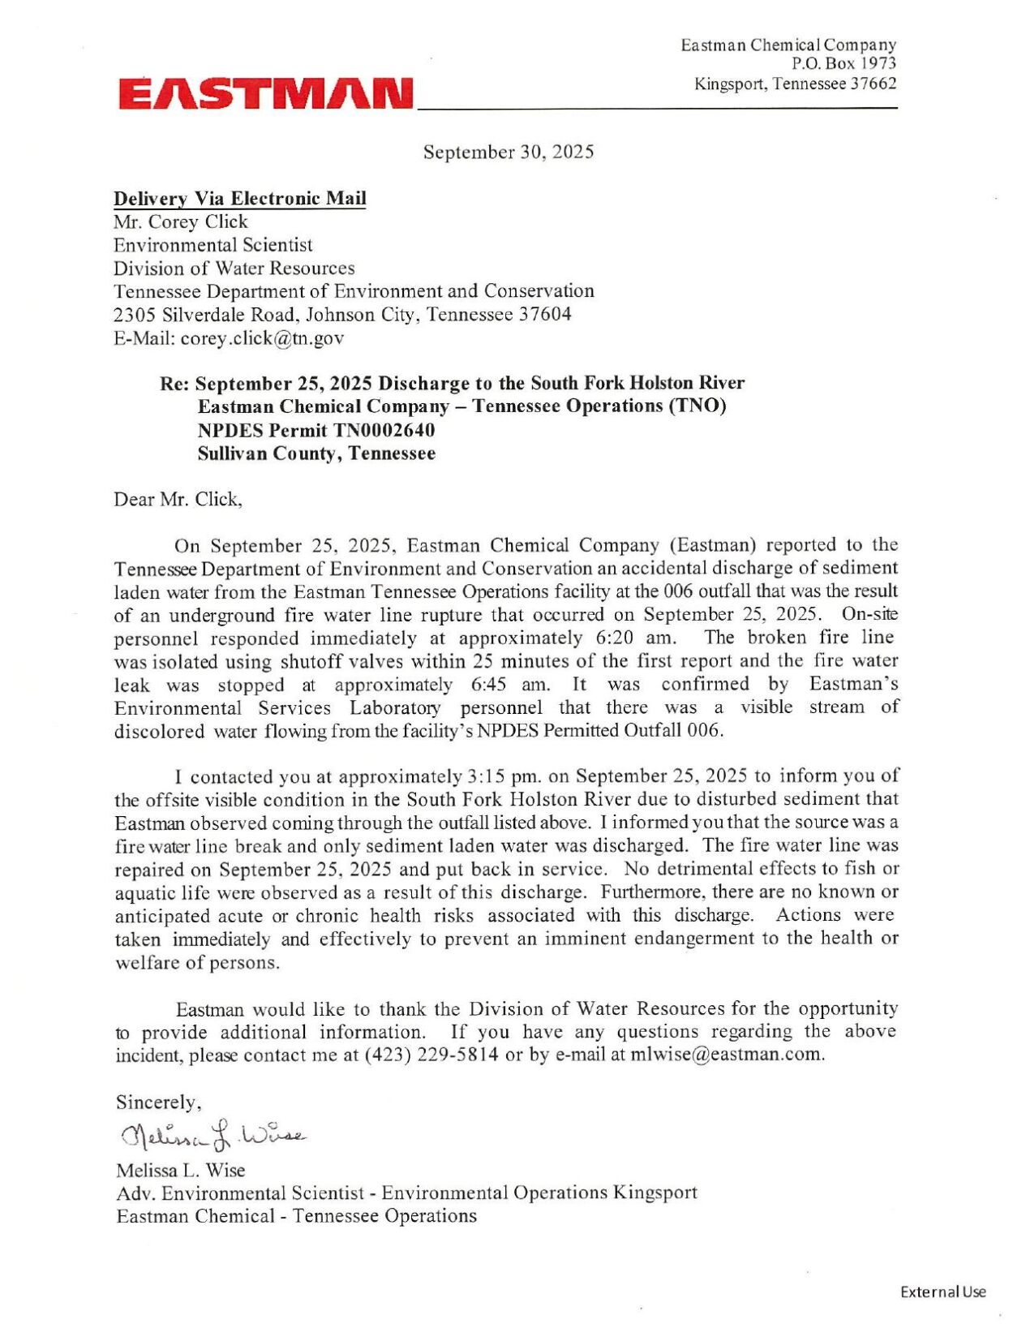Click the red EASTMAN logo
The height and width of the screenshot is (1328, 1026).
coord(266,94)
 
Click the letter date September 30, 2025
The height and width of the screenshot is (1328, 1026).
coord(509,152)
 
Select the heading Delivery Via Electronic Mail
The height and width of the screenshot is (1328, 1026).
coord(239,199)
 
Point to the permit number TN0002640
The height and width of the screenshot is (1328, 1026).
coord(384,430)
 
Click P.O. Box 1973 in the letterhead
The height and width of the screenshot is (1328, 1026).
coord(844,63)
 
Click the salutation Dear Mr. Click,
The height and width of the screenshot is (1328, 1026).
coord(178,499)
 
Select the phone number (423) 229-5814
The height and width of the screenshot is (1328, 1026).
coord(431,1055)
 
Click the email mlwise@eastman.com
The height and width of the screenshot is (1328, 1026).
coord(728,1055)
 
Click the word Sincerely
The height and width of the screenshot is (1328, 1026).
coord(157,1102)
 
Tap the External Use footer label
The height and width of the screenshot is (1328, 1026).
coord(942,1292)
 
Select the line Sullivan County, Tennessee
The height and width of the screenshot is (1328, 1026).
coord(316,453)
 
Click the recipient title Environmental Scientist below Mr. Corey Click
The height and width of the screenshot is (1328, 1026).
coord(212,245)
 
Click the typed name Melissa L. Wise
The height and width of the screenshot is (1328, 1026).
coord(180,1170)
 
